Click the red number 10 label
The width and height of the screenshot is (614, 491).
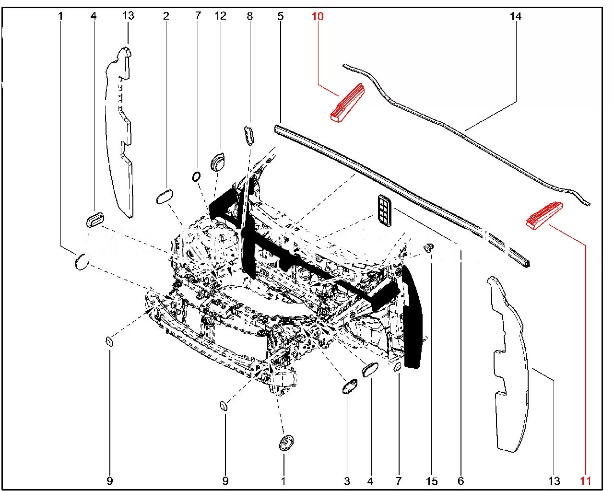pos(318,17)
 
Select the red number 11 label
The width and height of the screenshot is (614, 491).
pos(585,480)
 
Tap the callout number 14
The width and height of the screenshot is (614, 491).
pos(515,17)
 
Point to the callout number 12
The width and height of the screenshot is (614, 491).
pos(220,16)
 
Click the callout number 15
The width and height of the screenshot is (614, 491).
pos(432,481)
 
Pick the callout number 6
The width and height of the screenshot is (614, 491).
pos(461,481)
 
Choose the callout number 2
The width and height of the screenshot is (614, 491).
pos(166,16)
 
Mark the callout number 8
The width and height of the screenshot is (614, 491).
pos(250,16)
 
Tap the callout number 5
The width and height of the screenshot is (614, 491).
pos(281,16)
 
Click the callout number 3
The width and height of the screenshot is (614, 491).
pos(347,481)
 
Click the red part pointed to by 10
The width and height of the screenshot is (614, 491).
pos(347,103)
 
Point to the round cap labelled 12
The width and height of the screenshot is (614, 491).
pos(218,161)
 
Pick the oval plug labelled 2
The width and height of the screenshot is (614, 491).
pos(165,197)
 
